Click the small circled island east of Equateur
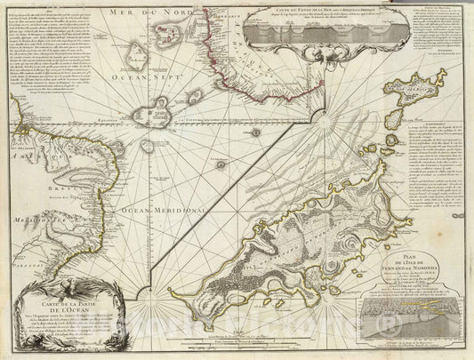[255, 132]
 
